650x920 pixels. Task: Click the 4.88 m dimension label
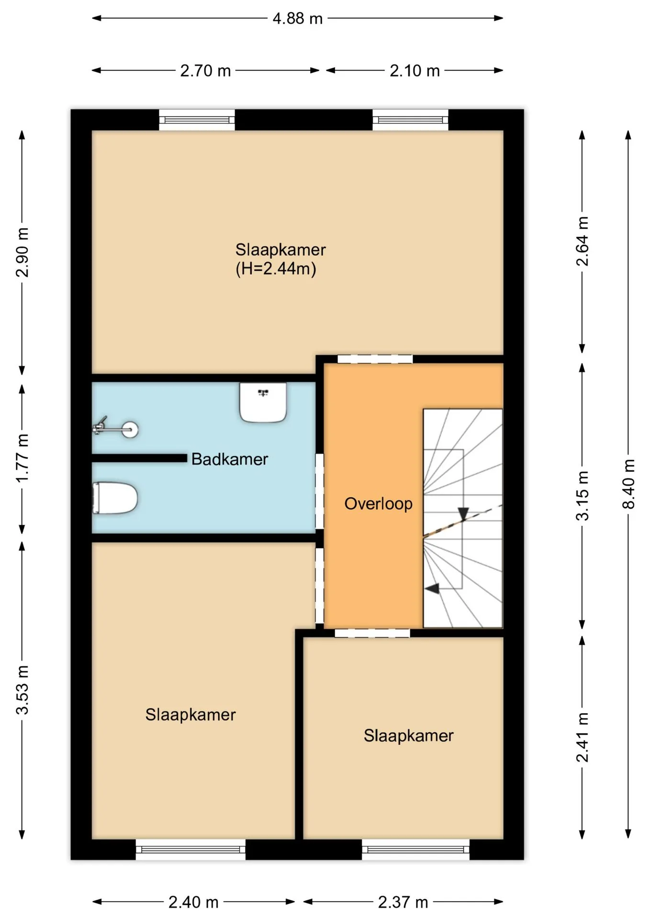(297, 19)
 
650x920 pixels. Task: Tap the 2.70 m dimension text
(205, 71)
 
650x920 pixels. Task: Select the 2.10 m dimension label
(415, 71)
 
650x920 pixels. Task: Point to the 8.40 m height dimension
(628, 484)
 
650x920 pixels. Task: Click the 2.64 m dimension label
(582, 241)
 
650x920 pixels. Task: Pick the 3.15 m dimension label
(582, 495)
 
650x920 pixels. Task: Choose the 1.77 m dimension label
(22, 458)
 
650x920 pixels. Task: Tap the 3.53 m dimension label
(22, 690)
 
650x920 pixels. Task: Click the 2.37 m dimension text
(403, 903)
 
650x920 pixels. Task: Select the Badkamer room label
(230, 459)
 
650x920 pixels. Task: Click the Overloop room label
(379, 504)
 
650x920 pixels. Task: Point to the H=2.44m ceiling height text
(276, 269)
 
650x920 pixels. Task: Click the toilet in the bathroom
(115, 498)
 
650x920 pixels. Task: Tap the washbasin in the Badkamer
(263, 402)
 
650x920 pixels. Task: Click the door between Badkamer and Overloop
(319, 491)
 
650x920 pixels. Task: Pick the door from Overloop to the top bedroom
(375, 359)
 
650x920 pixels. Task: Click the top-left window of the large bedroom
(197, 120)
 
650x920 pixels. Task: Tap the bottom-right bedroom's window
(415, 850)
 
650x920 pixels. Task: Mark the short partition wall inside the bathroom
(139, 459)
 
